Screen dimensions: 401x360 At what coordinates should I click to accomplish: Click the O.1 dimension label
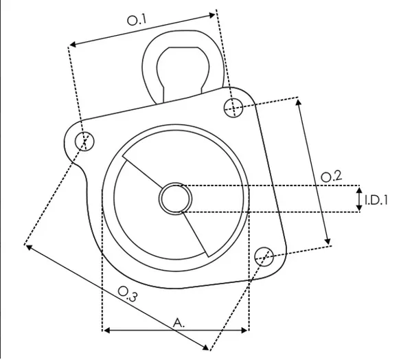[137, 20]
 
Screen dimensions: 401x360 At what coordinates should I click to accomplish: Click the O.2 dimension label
[331, 177]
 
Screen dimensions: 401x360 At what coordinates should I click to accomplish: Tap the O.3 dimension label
[128, 294]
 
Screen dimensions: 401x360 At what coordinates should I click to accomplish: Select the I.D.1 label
[376, 201]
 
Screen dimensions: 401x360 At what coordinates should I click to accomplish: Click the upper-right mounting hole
[233, 108]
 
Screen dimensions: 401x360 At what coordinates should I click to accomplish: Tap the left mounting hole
[84, 142]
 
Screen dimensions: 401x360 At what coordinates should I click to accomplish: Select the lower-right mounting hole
[264, 257]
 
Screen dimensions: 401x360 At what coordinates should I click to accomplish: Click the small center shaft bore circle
[175, 199]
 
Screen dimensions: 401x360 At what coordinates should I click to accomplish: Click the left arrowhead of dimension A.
[106, 330]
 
